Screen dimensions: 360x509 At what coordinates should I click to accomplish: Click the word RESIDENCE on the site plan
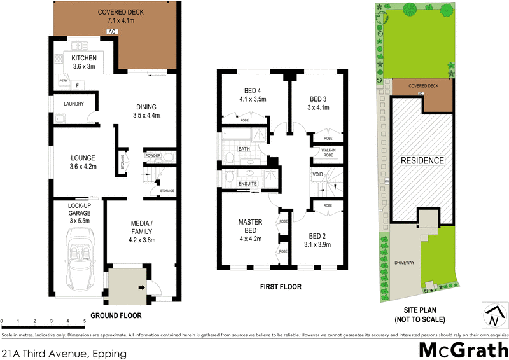coord(421,160)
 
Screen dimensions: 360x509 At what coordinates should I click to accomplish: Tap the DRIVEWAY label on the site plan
coord(405,261)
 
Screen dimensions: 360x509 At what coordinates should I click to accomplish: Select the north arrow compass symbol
coord(494,315)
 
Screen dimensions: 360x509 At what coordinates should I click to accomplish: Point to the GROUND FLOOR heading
coord(116,315)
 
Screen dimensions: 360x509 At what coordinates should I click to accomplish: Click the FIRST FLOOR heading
coord(281,287)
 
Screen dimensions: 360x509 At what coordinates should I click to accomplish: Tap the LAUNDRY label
coord(74,104)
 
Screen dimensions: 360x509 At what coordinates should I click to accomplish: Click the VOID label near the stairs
coord(318,174)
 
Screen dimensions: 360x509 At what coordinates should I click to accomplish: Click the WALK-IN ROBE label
coord(328,153)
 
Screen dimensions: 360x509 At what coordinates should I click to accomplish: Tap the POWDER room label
coord(153,156)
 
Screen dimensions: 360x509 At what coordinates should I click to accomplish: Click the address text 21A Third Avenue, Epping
coord(64,352)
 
